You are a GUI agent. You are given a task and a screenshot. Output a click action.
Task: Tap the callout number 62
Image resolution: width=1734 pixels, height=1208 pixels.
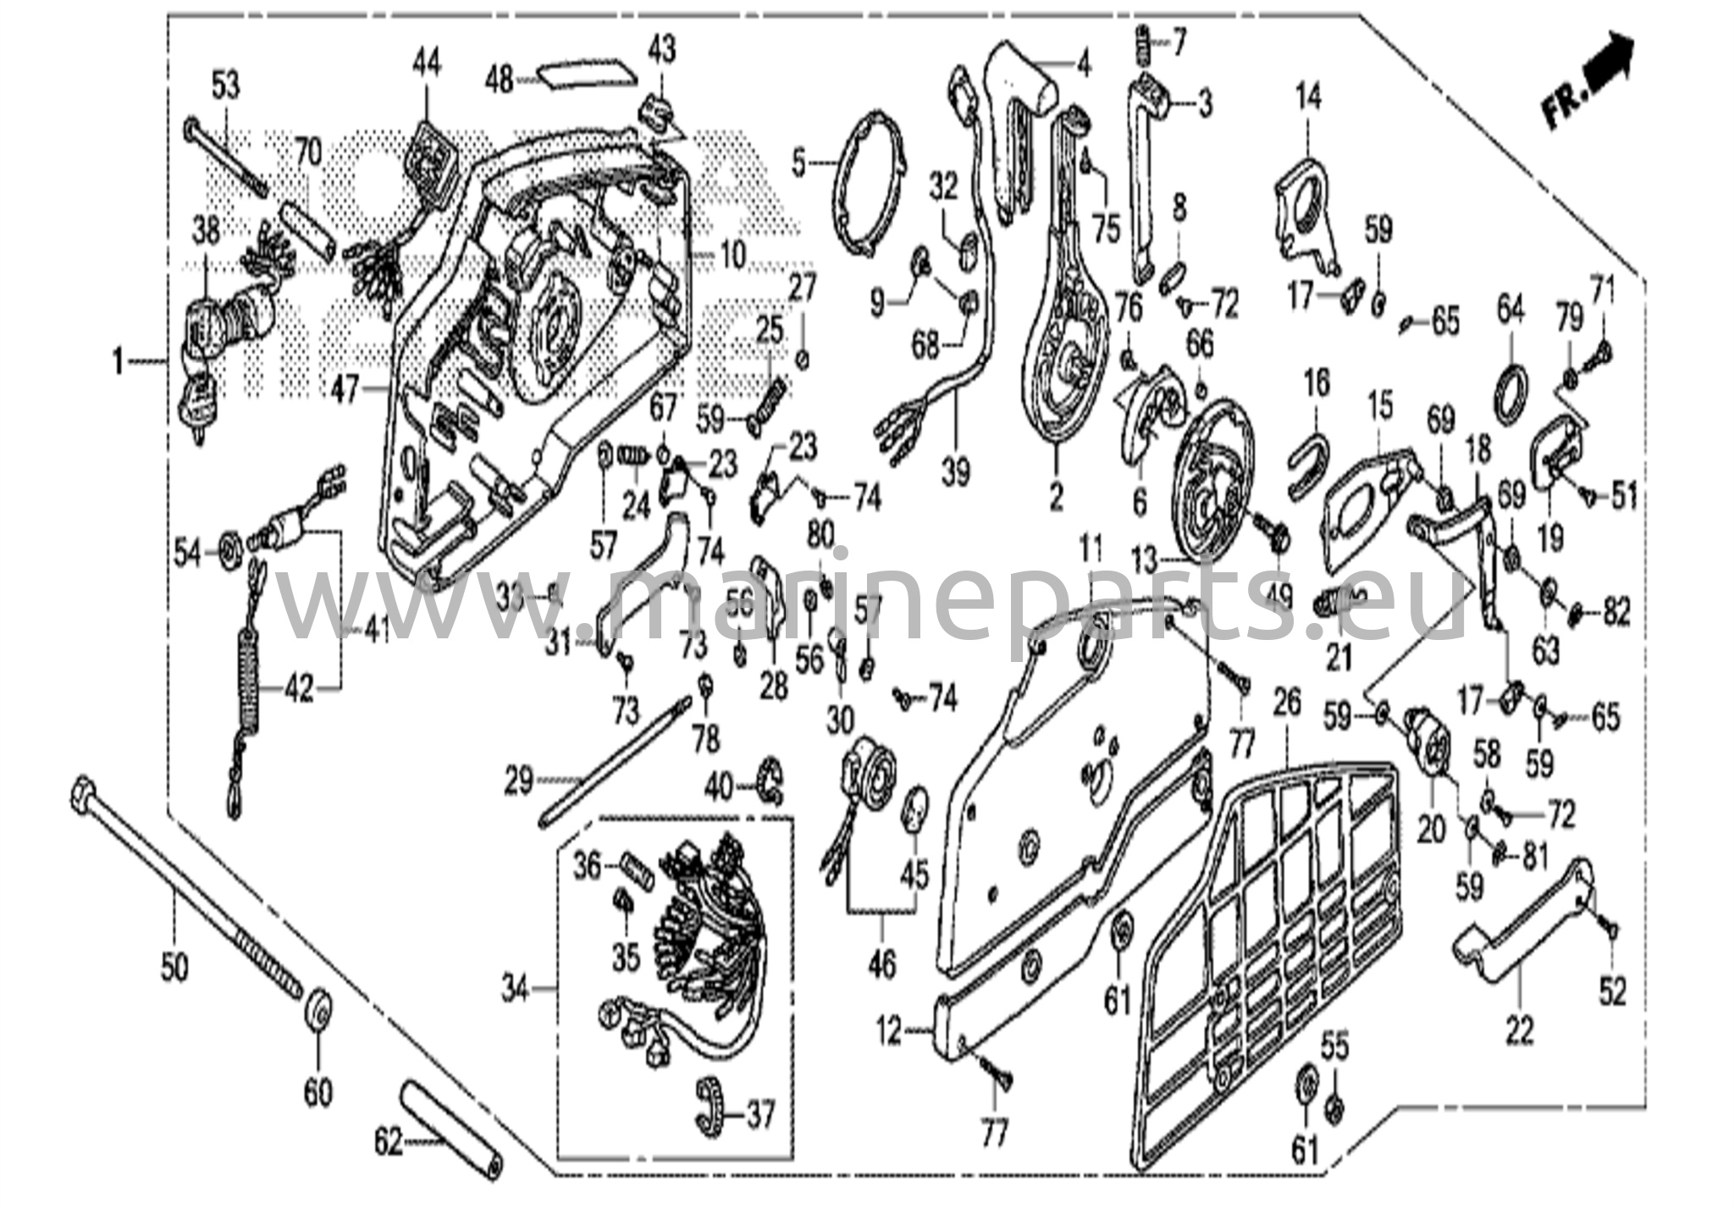pyautogui.click(x=389, y=1144)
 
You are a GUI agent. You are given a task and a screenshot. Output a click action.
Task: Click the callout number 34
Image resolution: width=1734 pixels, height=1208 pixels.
pyautogui.click(x=516, y=988)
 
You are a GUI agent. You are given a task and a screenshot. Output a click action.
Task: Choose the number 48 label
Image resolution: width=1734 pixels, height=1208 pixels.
pyautogui.click(x=499, y=80)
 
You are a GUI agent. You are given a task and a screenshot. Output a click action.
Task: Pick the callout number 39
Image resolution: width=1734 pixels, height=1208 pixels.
pyautogui.click(x=956, y=472)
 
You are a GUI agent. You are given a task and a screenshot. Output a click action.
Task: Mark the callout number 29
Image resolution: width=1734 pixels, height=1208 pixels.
pyautogui.click(x=518, y=781)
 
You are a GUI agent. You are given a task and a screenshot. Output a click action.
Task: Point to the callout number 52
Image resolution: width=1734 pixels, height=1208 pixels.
pyautogui.click(x=1613, y=991)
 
